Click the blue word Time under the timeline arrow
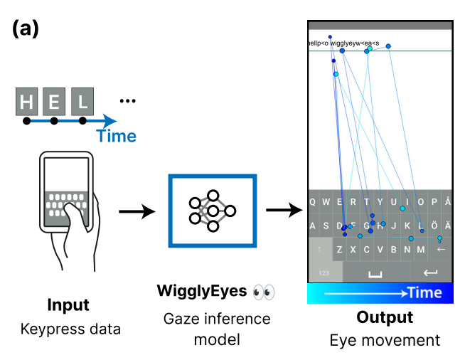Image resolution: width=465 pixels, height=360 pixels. pos(116,136)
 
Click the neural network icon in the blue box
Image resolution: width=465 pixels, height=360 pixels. pos(212,211)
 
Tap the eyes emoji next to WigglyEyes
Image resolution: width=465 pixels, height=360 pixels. pos(263,292)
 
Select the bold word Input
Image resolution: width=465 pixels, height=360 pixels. pos(68,306)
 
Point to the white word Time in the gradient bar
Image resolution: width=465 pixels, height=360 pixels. pos(424,293)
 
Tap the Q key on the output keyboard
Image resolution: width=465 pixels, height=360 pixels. pos(314,201)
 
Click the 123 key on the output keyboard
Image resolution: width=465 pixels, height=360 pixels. pos(324,272)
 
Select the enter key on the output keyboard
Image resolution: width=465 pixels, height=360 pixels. pos(430,272)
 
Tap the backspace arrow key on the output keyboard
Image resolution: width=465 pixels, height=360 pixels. pos(441,249)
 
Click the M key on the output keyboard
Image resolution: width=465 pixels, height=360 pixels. pos(421,250)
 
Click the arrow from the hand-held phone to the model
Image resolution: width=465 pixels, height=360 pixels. pos(137,211)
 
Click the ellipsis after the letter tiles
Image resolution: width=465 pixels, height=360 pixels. pos(127,101)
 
